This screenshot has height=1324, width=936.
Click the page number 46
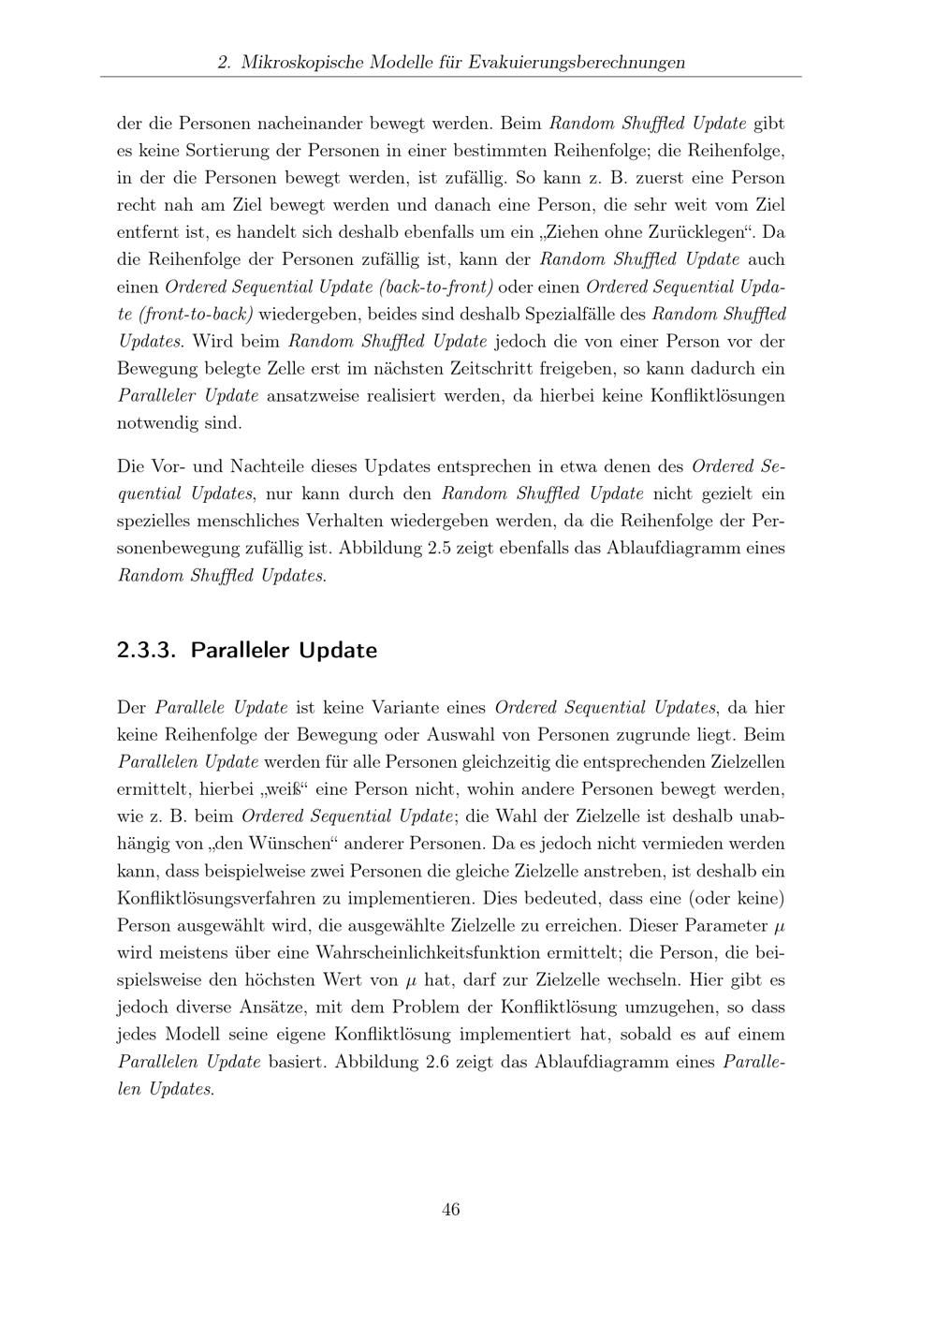click(x=450, y=1209)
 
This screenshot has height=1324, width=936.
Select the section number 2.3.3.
click(x=147, y=650)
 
